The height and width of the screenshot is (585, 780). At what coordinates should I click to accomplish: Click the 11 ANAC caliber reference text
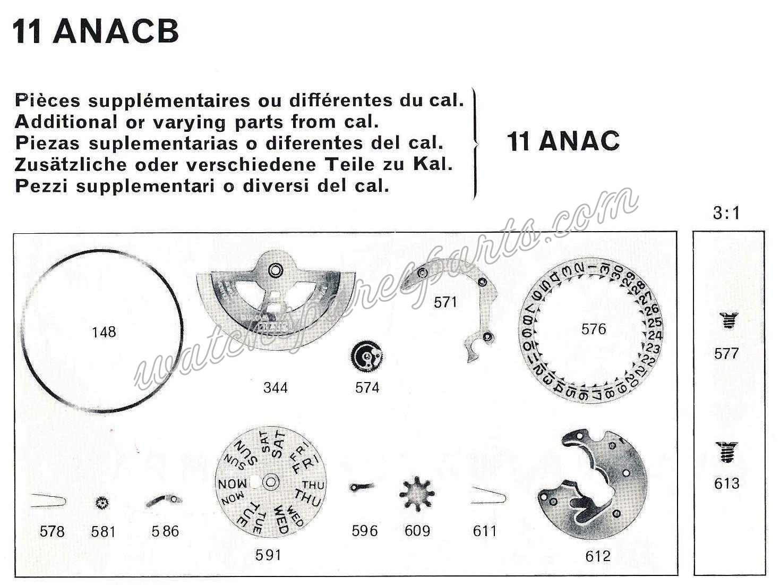pos(563,141)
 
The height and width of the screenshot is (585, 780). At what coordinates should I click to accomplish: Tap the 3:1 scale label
pos(726,214)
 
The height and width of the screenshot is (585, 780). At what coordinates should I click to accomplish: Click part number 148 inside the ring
pos(104,332)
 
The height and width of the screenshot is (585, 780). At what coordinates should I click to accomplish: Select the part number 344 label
pos(276,387)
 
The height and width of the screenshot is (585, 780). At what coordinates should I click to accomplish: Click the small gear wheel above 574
pos(367,357)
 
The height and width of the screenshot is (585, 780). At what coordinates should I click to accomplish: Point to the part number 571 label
pos(445,302)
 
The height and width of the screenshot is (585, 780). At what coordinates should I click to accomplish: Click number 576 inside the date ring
pos(593,329)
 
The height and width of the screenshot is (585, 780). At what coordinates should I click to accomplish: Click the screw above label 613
pos(726,452)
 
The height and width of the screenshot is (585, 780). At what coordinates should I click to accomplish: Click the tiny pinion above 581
pos(102,502)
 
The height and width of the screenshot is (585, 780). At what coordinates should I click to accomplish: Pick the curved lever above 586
pos(164,499)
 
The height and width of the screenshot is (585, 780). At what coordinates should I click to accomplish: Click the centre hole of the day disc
pos(271,482)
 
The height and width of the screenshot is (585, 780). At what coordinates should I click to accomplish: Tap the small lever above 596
pos(362,486)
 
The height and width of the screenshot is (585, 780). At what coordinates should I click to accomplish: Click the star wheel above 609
pos(417,494)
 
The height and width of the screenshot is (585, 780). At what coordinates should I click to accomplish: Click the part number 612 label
pos(598,556)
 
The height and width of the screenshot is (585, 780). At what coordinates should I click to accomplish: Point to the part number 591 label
pos(268,555)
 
